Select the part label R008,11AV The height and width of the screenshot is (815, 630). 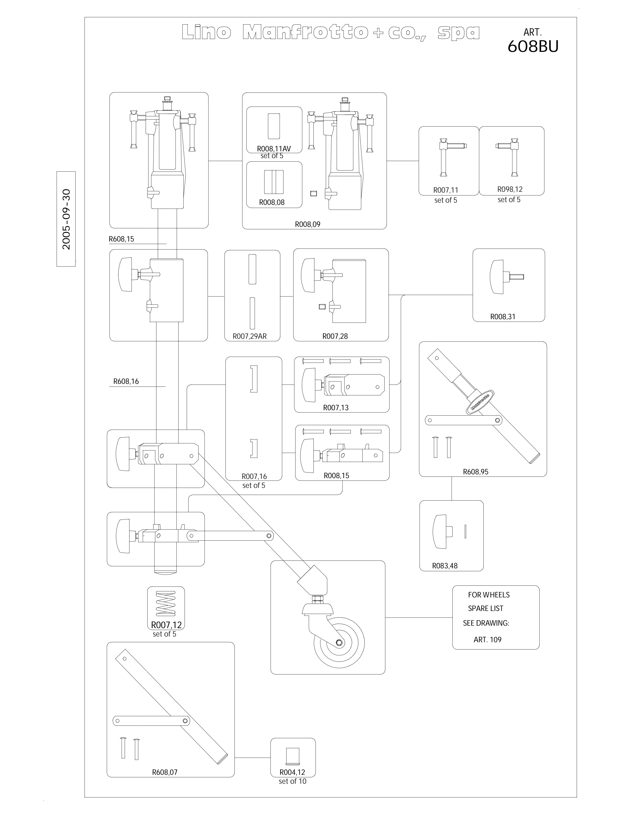click(x=274, y=149)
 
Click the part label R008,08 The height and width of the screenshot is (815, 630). click(x=272, y=202)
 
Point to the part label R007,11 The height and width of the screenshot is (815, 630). click(x=446, y=190)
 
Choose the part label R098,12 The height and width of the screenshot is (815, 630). click(x=510, y=189)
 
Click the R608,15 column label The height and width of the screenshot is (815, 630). click(x=121, y=239)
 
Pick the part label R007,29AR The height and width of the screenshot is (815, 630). click(x=250, y=336)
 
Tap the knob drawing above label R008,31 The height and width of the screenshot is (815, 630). click(x=506, y=277)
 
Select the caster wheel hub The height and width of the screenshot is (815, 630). click(x=339, y=642)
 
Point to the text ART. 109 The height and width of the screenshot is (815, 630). click(x=487, y=640)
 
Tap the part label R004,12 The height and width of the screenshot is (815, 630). click(x=292, y=772)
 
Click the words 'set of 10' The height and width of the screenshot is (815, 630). click(x=292, y=781)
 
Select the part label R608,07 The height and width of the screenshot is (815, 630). click(x=165, y=772)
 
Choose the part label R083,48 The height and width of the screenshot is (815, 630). click(x=445, y=566)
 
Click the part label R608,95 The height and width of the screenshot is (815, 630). click(x=475, y=472)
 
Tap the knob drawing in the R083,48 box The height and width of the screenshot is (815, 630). click(x=442, y=531)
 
